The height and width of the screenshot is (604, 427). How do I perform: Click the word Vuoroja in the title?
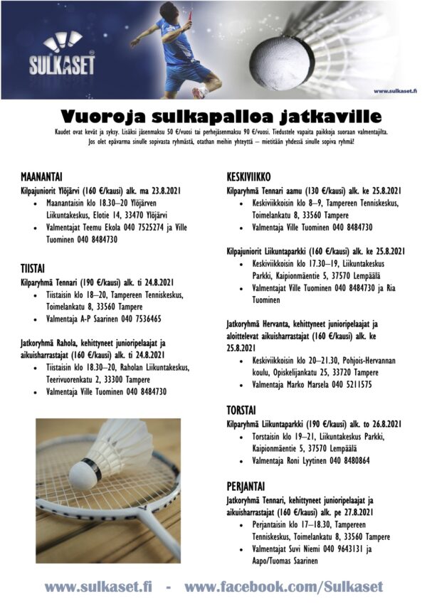107,116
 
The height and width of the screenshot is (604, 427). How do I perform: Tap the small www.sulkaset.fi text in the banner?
394,91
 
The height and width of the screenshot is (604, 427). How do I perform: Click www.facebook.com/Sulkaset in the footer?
283,587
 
